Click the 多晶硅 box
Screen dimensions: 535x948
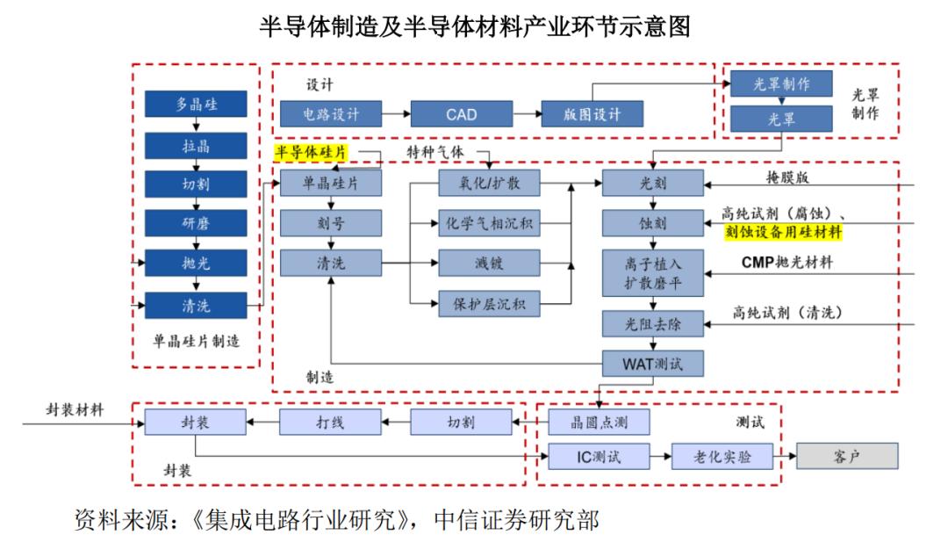pyautogui.click(x=196, y=104)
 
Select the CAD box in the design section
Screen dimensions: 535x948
pyautogui.click(x=461, y=113)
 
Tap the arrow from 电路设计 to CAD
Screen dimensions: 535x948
pyautogui.click(x=397, y=113)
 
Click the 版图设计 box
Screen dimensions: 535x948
pyautogui.click(x=592, y=113)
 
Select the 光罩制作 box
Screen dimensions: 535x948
pyautogui.click(x=781, y=83)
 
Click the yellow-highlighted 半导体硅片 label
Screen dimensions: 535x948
pyautogui.click(x=312, y=153)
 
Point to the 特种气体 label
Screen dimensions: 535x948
pyautogui.click(x=435, y=153)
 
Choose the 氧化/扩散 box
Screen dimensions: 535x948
pyautogui.click(x=489, y=183)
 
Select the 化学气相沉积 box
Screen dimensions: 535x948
pyautogui.click(x=489, y=222)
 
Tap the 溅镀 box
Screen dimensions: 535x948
pyautogui.click(x=489, y=263)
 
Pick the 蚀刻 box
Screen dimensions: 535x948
pyautogui.click(x=652, y=223)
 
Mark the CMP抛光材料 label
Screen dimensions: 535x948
pyautogui.click(x=787, y=263)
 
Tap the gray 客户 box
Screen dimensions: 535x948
pyautogui.click(x=847, y=457)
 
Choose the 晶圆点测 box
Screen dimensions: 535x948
pyautogui.click(x=600, y=423)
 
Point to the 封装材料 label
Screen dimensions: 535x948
pyautogui.click(x=75, y=410)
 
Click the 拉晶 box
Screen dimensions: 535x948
pyautogui.click(x=196, y=144)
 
